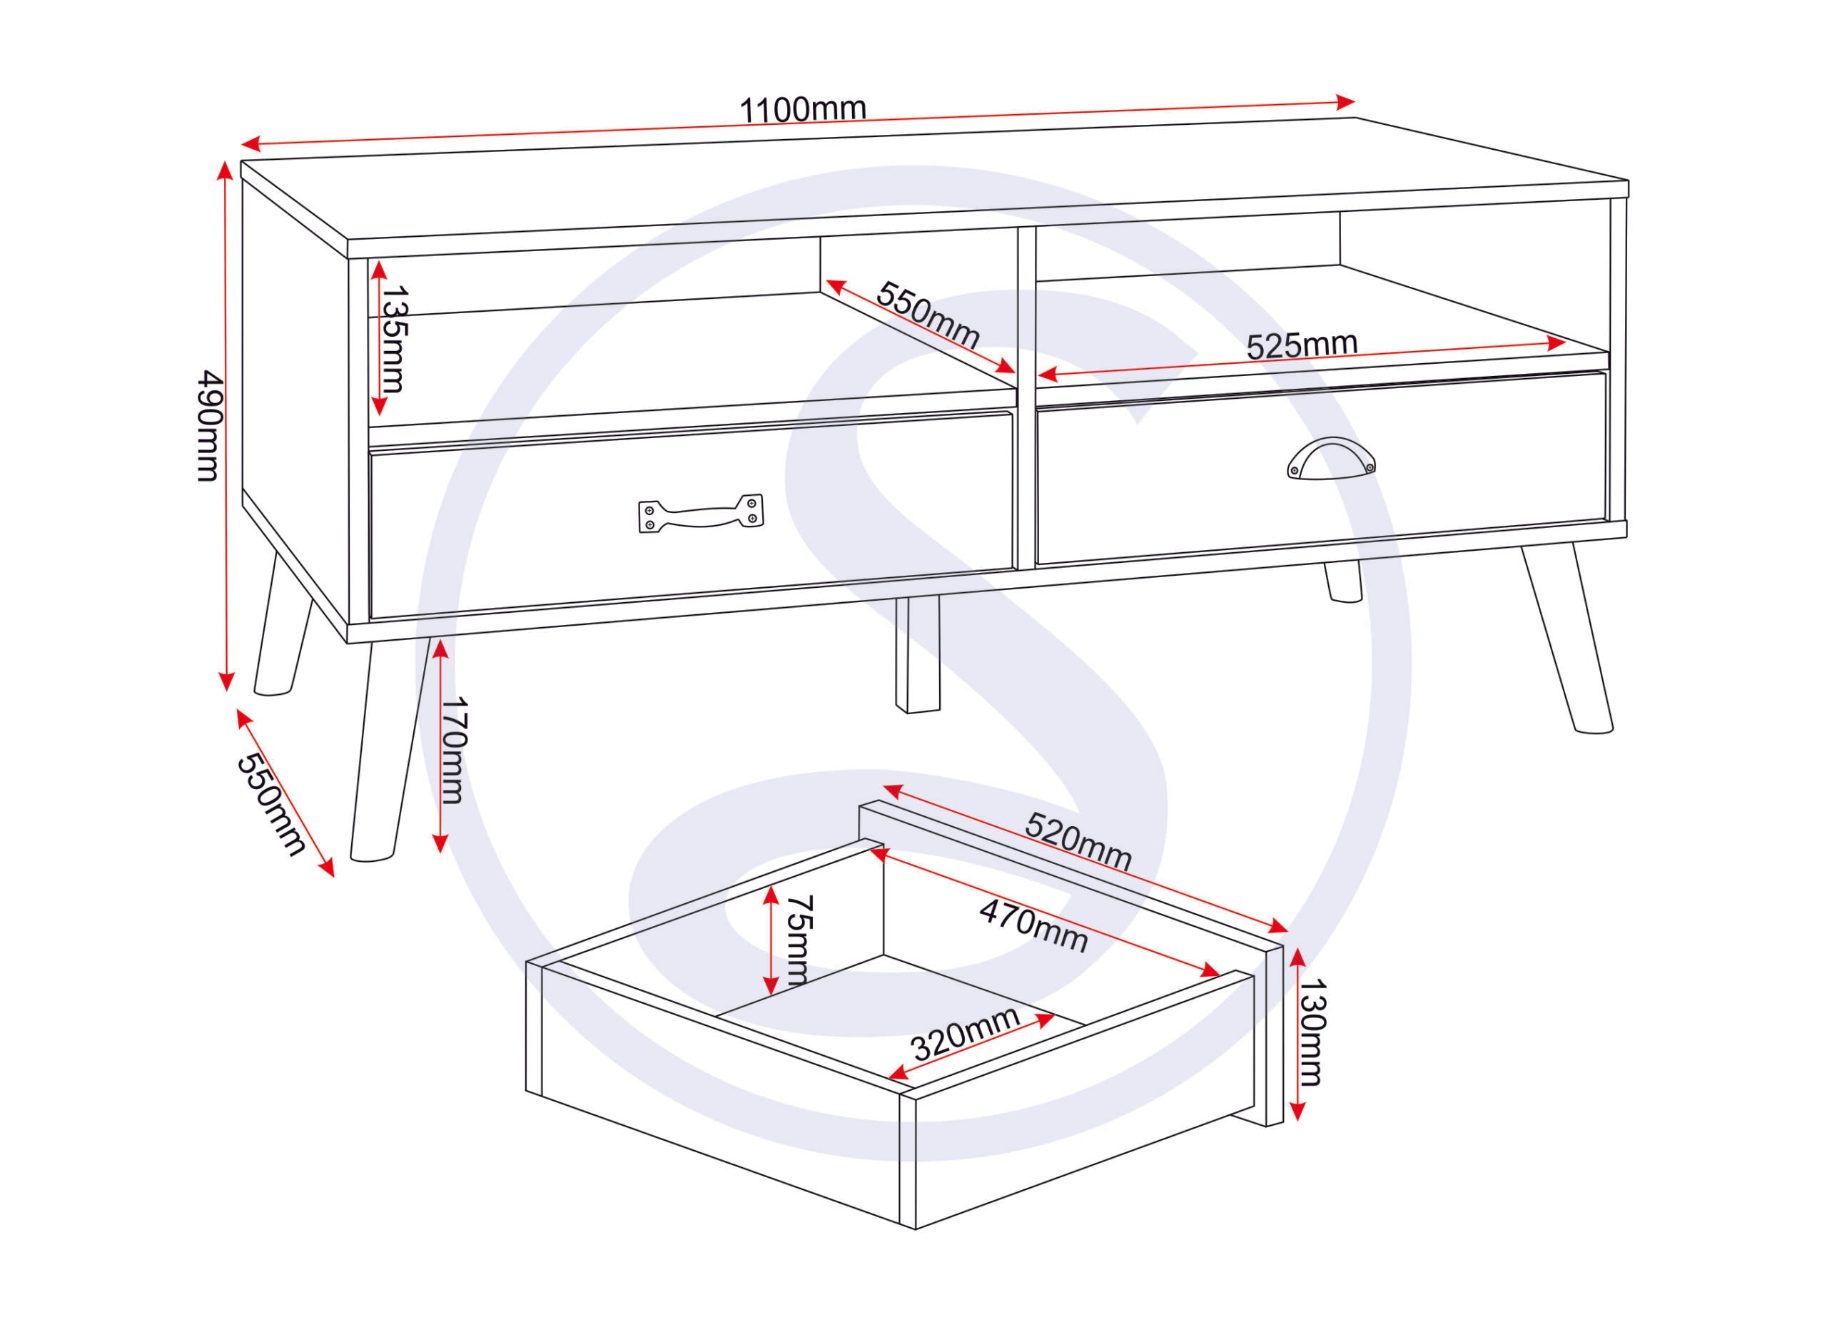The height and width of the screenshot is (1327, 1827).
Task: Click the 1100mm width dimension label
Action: [802, 108]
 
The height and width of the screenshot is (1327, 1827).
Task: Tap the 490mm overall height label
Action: [208, 426]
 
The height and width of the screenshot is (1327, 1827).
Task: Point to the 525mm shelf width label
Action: [1302, 345]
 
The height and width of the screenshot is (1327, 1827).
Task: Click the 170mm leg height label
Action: [452, 751]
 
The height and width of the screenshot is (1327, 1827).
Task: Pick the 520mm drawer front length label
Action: [1078, 840]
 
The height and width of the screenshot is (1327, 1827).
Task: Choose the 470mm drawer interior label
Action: [1033, 927]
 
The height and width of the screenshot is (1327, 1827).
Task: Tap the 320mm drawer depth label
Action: [966, 1034]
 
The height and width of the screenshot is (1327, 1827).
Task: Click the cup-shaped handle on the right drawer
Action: [1330, 459]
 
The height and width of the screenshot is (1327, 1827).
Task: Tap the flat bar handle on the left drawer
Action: [700, 513]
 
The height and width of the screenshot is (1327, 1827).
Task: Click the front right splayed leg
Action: [1567, 640]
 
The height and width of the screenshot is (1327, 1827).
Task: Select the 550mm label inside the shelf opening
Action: [928, 315]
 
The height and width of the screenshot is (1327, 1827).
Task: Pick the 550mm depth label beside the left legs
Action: [270, 805]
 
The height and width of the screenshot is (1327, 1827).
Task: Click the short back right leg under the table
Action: [1343, 581]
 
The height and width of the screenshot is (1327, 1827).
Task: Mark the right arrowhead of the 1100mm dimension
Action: [1345, 101]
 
